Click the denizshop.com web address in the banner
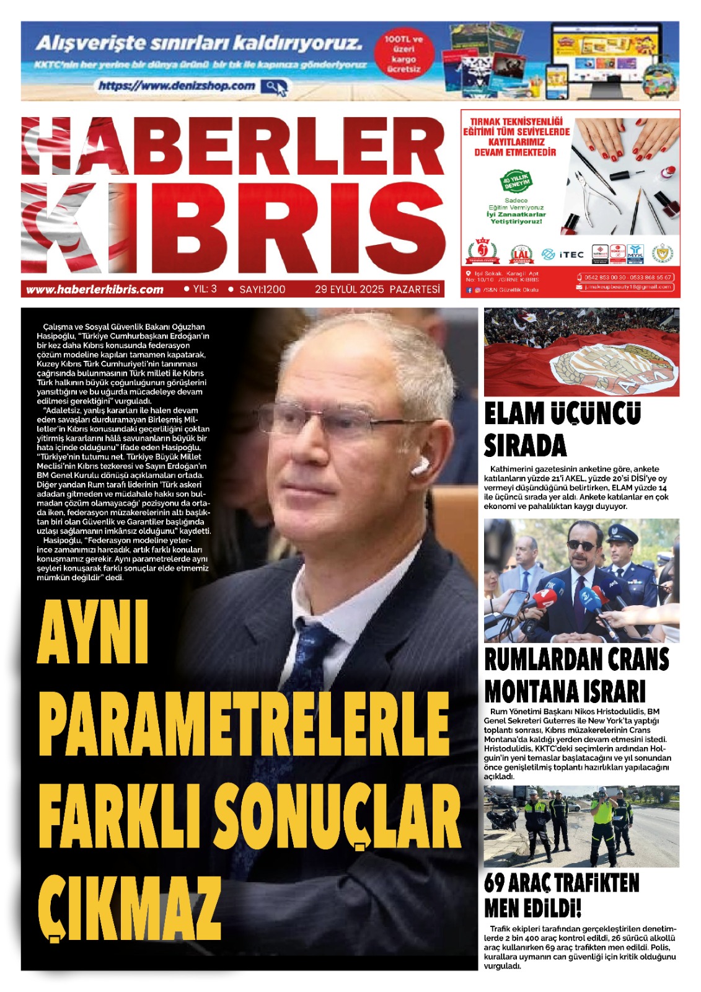pyautogui.click(x=177, y=86)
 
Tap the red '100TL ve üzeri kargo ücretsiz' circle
pyautogui.click(x=403, y=54)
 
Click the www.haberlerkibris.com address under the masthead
pyautogui.click(x=94, y=290)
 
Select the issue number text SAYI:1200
pyautogui.click(x=262, y=290)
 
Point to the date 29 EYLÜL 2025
pyautogui.click(x=350, y=290)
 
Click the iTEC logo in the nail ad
pyautogui.click(x=563, y=254)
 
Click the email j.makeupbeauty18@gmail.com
pyautogui.click(x=628, y=287)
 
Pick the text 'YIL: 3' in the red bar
pyautogui.click(x=205, y=289)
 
